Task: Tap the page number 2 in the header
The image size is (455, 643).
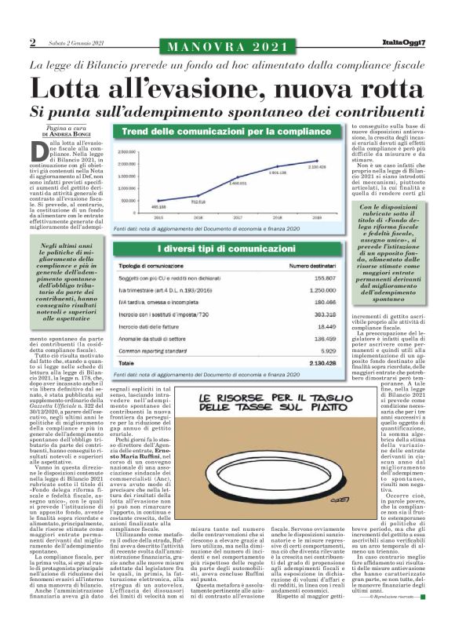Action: tap(33, 42)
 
